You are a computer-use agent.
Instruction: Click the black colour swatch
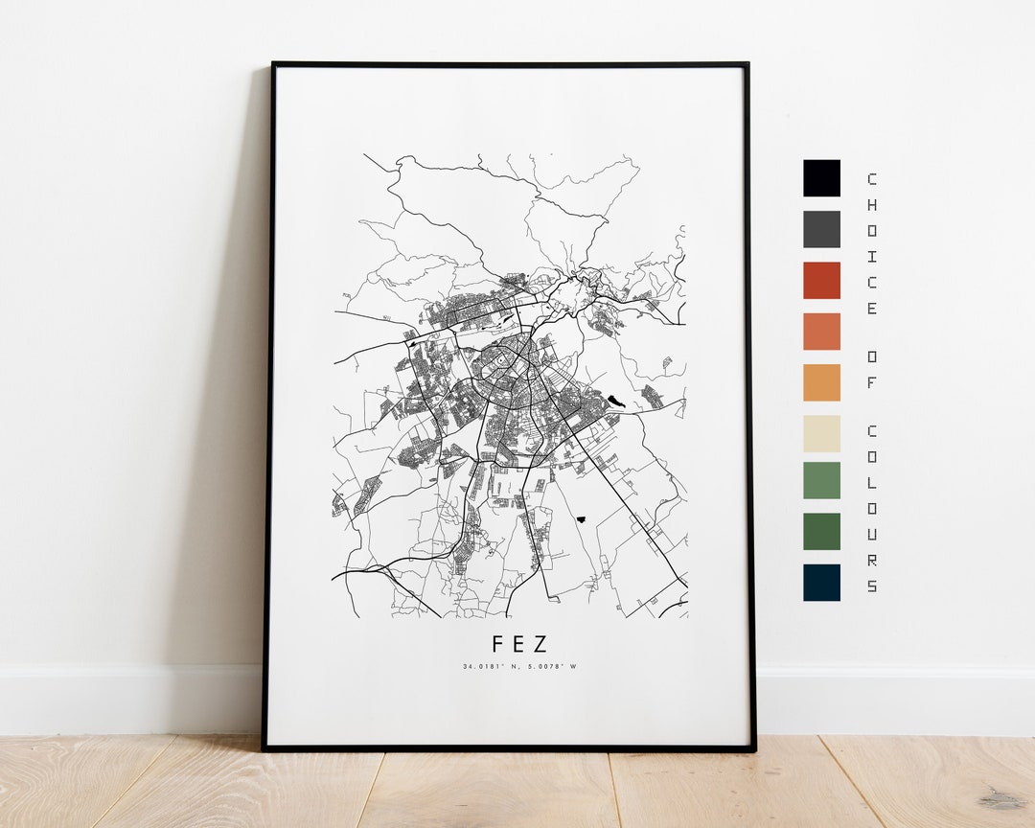[x=821, y=178]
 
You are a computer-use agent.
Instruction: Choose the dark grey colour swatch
[x=821, y=229]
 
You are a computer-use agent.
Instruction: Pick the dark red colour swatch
[x=821, y=280]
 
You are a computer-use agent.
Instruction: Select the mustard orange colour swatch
[x=821, y=382]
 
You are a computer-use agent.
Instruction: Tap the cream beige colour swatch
[x=821, y=433]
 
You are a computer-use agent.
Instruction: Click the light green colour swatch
[x=821, y=480]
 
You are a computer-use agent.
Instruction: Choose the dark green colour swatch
[x=821, y=531]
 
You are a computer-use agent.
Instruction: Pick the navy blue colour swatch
[x=821, y=582]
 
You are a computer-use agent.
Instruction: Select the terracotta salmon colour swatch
[x=821, y=332]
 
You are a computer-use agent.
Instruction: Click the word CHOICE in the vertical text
[x=871, y=243]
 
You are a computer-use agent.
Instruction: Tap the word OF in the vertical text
[x=871, y=369]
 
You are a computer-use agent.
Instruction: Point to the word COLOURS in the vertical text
[x=871, y=508]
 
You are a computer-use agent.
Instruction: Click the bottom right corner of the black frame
[x=753, y=748]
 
